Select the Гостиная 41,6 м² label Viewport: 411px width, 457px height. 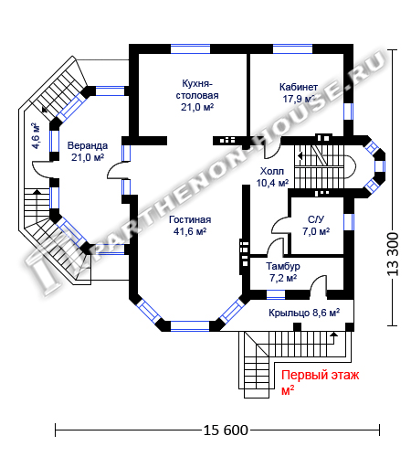click(190, 226)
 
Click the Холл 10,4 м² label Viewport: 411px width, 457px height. click(271, 176)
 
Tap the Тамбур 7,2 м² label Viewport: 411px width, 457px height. click(283, 272)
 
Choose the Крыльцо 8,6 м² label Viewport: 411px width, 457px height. click(304, 313)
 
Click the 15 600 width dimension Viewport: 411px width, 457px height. click(226, 430)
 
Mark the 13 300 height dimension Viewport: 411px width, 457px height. click(393, 254)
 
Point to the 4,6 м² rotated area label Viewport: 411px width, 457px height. click(36, 135)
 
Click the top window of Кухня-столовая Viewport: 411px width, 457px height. click(190, 48)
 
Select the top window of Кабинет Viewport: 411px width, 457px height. click(292, 48)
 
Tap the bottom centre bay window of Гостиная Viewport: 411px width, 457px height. click(190, 325)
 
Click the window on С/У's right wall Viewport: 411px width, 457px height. click(349, 222)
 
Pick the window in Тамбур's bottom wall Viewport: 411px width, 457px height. click(276, 294)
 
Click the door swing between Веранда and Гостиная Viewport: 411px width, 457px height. click(117, 170)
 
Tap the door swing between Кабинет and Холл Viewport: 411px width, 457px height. click(272, 151)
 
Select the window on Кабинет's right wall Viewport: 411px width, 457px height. click(349, 112)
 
